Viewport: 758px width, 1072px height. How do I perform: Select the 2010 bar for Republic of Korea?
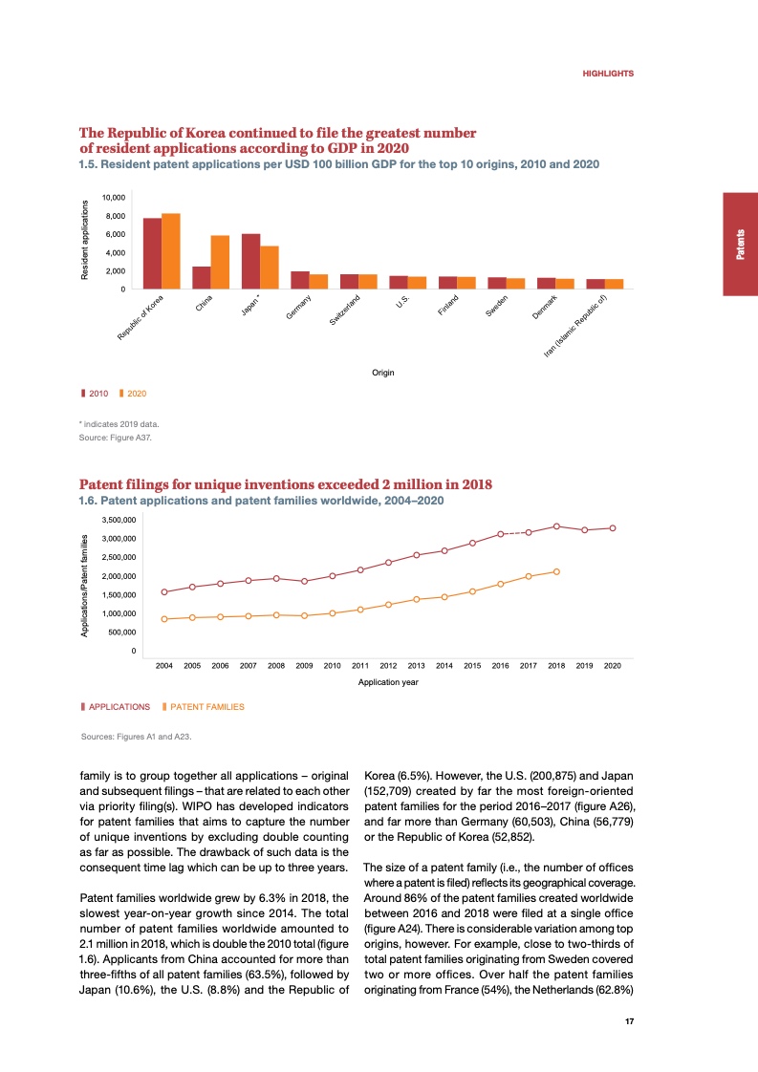pyautogui.click(x=152, y=253)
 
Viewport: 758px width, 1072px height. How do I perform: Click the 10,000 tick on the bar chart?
pyautogui.click(x=113, y=198)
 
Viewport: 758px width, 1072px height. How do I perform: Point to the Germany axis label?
pyautogui.click(x=300, y=311)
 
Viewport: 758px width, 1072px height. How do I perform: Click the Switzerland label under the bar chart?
pyautogui.click(x=345, y=312)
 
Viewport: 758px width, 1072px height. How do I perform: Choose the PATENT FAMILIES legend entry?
pyautogui.click(x=204, y=707)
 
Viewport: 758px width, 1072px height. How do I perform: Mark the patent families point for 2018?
pyautogui.click(x=556, y=571)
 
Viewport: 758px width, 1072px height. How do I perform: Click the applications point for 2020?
pyautogui.click(x=613, y=527)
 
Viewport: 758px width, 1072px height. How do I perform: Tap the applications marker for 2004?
pyautogui.click(x=164, y=592)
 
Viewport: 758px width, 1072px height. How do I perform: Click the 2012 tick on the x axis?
pyautogui.click(x=388, y=665)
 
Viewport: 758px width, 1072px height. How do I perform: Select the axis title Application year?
pyautogui.click(x=388, y=682)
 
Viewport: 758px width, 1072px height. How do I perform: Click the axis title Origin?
pyautogui.click(x=383, y=372)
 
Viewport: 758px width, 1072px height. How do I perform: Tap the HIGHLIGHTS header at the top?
pyautogui.click(x=608, y=74)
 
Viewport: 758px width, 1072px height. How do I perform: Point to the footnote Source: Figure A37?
pyautogui.click(x=115, y=439)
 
